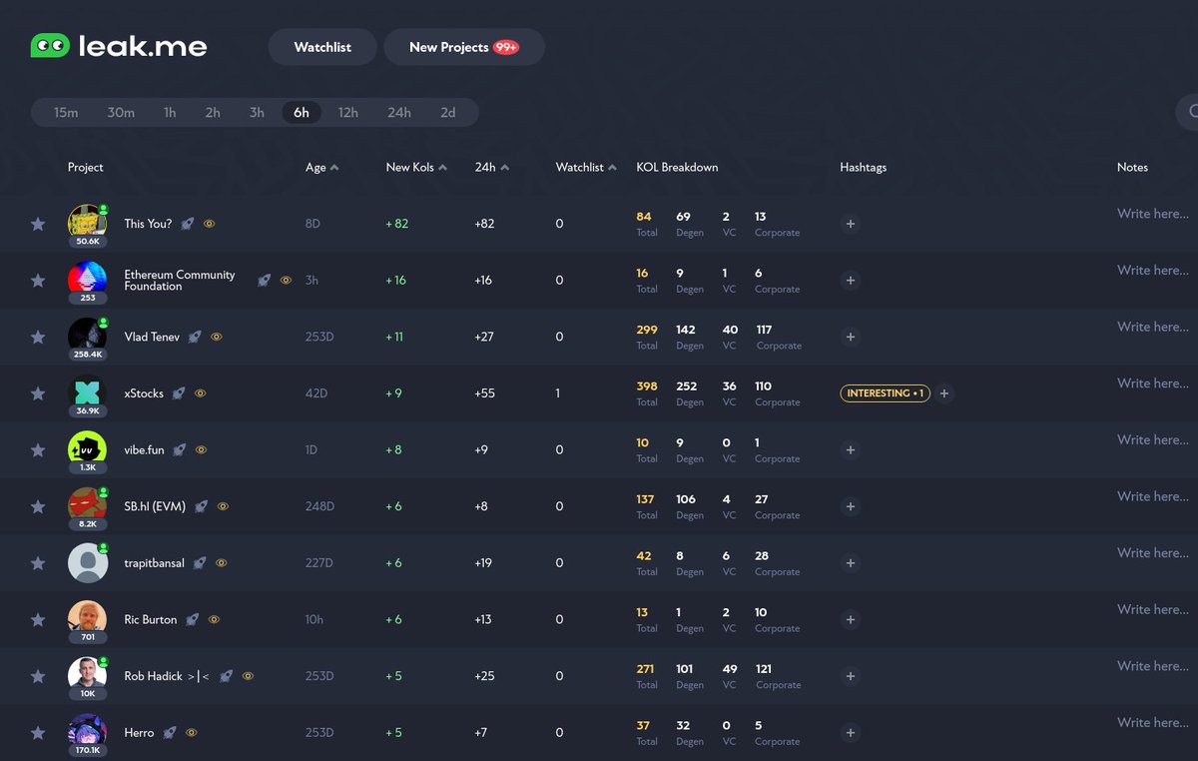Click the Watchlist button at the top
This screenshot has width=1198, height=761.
tap(322, 47)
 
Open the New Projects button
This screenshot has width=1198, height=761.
tap(463, 47)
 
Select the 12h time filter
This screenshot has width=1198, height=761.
tap(348, 113)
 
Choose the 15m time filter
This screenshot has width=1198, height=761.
tap(66, 113)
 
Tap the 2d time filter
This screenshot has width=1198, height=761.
tap(448, 113)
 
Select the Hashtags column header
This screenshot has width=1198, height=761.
tap(864, 168)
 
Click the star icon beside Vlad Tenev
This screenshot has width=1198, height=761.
tap(38, 338)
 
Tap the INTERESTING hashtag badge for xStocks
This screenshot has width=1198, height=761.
tap(885, 393)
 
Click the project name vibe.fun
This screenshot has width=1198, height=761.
tap(144, 450)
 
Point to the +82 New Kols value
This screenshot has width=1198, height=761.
tap(397, 224)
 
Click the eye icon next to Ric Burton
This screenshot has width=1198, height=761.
tap(214, 620)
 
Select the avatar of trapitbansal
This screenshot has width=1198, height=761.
tap(88, 563)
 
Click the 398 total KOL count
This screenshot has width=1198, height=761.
tap(647, 386)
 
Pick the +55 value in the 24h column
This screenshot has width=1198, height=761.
tap(486, 393)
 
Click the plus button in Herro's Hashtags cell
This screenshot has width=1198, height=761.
tap(851, 733)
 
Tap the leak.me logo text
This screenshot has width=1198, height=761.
tap(142, 46)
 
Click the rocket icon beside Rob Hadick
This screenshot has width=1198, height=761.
tap(227, 676)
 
